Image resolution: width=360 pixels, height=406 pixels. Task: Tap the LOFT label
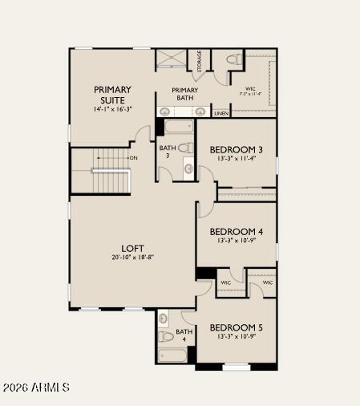[133, 248]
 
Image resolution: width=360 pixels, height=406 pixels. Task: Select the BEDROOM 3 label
[236, 149]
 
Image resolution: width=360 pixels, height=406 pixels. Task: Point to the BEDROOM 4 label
[236, 231]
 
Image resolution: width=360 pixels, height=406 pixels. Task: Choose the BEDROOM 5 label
[236, 327]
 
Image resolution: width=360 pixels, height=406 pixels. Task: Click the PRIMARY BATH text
[184, 94]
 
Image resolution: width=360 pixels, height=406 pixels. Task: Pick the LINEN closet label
[221, 114]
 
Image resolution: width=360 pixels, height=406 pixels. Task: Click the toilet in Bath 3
[184, 148]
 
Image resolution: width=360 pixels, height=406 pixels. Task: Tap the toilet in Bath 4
[164, 336]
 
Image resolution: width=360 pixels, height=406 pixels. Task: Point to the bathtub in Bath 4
[176, 355]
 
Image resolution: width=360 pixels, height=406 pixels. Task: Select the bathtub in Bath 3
[176, 127]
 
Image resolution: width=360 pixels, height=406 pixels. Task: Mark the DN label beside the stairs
[133, 157]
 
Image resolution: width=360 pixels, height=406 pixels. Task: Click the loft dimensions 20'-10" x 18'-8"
[133, 258]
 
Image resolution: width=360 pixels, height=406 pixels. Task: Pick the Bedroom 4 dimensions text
[236, 241]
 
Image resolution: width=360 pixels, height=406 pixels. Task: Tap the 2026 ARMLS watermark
[36, 388]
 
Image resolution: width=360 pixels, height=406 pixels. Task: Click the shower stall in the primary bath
[170, 58]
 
